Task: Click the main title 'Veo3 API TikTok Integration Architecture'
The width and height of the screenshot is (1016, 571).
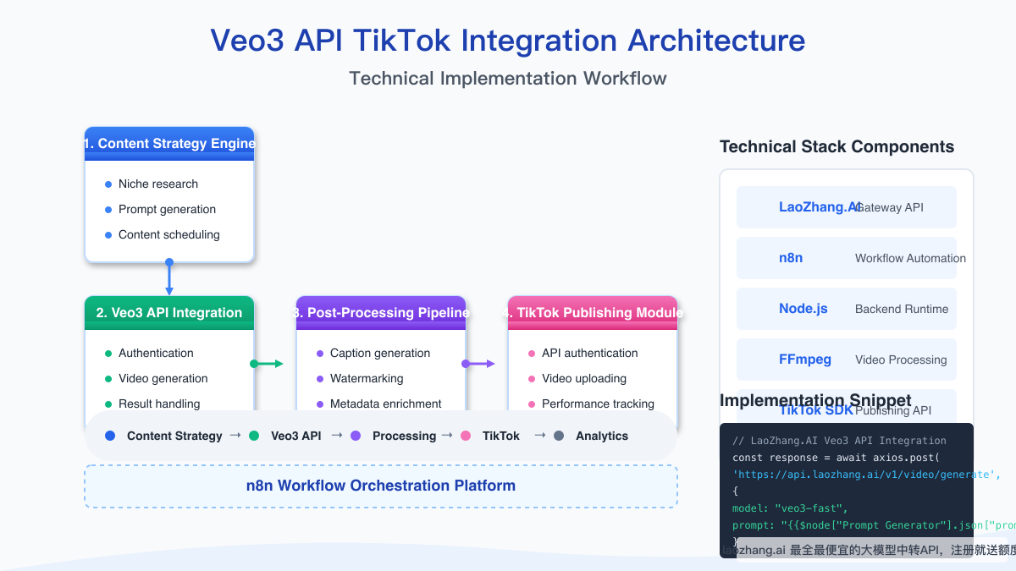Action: (x=508, y=41)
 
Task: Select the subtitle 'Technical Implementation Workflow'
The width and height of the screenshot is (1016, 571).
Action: (x=508, y=79)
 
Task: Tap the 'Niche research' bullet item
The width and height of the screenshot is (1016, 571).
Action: (x=157, y=184)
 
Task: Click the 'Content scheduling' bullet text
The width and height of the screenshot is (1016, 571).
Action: (x=168, y=235)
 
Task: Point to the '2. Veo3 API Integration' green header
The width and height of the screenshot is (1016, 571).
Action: (x=169, y=313)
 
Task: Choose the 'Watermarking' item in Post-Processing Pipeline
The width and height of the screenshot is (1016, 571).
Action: (x=367, y=379)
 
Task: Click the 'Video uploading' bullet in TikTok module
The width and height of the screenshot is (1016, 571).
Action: (x=583, y=379)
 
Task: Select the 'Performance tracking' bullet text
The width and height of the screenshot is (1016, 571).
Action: (x=598, y=404)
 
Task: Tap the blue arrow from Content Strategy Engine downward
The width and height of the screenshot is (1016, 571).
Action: (x=169, y=277)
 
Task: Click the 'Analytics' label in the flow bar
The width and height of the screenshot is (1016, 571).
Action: (x=602, y=436)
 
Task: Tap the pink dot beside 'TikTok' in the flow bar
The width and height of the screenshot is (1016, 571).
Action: (x=466, y=436)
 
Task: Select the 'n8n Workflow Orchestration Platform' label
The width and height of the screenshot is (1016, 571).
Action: (x=381, y=486)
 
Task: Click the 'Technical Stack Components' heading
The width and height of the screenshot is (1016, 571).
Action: (x=837, y=147)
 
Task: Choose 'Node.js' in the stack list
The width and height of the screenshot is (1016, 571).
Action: (x=803, y=309)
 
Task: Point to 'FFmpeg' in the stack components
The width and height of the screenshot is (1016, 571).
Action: (x=805, y=360)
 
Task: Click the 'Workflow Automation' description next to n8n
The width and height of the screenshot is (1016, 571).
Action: (x=910, y=259)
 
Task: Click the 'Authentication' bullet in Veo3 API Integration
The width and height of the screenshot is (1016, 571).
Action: (x=156, y=354)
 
